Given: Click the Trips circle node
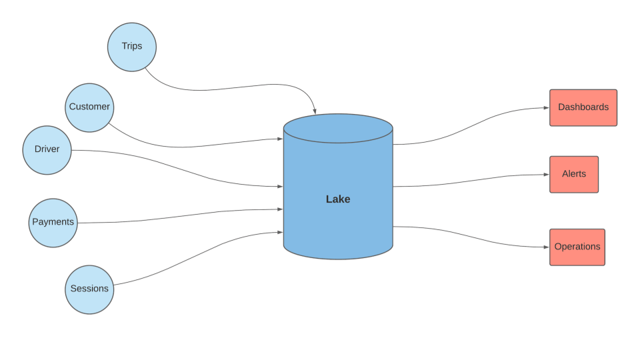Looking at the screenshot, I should point(132,47).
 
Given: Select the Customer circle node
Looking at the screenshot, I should point(89,107).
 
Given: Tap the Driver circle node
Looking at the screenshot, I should point(47,150).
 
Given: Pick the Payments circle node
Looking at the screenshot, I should point(53,223).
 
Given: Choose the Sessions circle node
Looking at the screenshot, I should point(89,289).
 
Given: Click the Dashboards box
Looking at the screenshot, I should point(583,107).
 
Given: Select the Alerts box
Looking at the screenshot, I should point(574,174).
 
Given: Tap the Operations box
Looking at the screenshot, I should point(577,247).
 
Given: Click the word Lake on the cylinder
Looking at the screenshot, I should point(338,199).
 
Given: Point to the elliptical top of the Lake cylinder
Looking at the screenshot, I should point(338,129).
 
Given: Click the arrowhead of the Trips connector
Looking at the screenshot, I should point(315,111).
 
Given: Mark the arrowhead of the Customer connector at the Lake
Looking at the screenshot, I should point(280,139).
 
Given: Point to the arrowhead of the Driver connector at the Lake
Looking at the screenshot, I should point(280,187).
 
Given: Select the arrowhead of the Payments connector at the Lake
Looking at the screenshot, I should point(280,209).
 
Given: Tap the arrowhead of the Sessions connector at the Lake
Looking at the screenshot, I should point(280,232).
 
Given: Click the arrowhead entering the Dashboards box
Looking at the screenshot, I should point(546,107).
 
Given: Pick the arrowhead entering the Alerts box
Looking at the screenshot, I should point(546,175).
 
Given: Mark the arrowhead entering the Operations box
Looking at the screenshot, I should point(546,247).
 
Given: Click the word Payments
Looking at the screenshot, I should point(53,222).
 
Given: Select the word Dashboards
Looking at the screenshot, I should point(583,107).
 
